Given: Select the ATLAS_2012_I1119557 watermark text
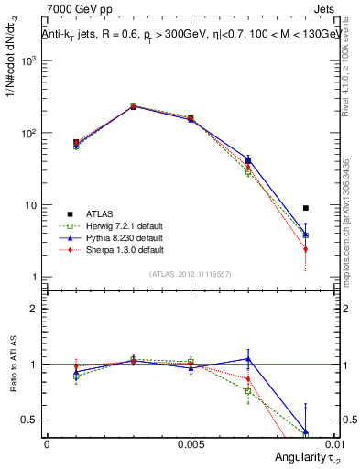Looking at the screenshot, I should (x=190, y=274).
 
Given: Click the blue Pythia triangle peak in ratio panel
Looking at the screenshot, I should (x=248, y=358).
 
